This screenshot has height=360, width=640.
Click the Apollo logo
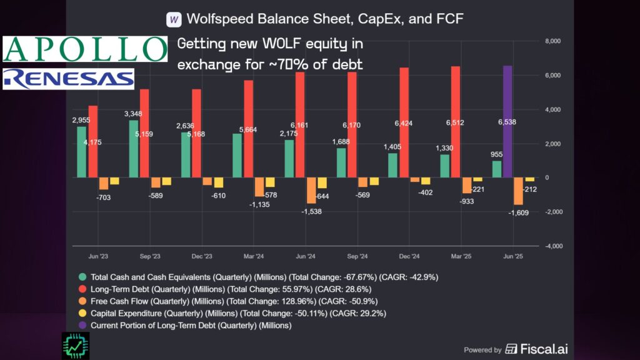pos(85,49)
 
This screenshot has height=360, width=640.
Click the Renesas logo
pos(68,79)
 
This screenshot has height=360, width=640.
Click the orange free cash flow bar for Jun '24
pos(311,191)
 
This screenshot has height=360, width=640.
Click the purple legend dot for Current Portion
pos(82,325)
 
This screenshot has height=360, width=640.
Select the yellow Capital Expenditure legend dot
pos(82,313)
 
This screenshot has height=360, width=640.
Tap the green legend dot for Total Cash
pos(82,276)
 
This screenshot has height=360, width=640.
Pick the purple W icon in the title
pos(174,19)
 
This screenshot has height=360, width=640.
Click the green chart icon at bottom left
pos(76,345)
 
